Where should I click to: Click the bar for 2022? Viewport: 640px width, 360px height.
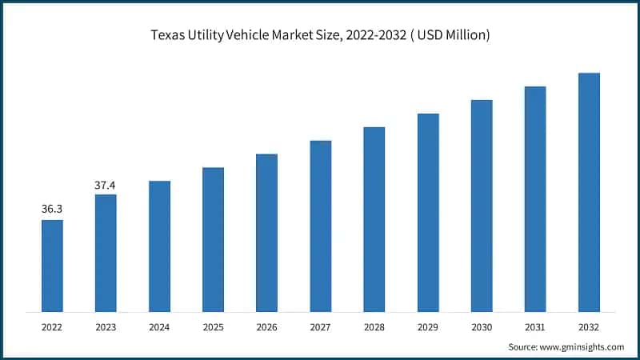52,266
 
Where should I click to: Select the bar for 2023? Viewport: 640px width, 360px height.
106,253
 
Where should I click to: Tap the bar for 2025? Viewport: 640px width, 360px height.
213,239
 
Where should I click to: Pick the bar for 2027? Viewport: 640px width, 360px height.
321,226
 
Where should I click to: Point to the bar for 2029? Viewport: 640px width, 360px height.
428,212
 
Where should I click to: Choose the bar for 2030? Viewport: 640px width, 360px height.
482,206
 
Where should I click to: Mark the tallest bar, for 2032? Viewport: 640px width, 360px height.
589,192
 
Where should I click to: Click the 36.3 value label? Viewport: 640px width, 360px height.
52,209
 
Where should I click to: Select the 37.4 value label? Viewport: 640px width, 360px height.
106,185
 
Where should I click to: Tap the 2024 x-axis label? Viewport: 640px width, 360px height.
159,326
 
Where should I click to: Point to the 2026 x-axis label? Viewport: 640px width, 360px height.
266,326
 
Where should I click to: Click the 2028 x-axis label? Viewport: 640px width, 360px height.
374,326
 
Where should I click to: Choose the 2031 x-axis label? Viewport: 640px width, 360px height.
535,326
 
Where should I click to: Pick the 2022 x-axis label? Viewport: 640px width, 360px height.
52,326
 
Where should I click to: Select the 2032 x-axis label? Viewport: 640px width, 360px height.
589,326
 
